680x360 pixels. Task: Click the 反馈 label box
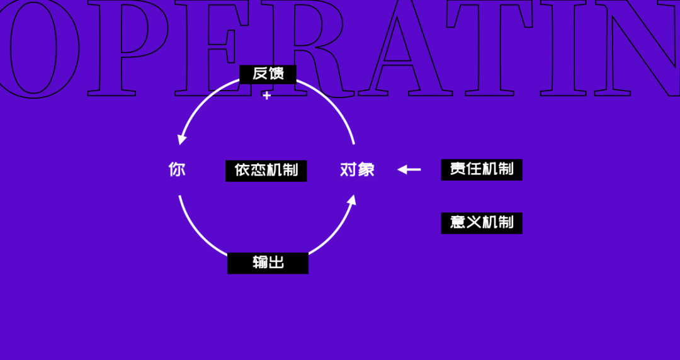point(268,74)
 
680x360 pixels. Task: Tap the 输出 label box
point(268,262)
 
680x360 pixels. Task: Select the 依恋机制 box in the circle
point(266,170)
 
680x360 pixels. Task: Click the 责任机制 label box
point(481,169)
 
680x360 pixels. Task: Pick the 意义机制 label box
point(481,222)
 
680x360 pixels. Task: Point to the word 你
point(177,169)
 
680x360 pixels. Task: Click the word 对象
point(357,169)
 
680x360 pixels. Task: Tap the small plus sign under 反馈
point(266,96)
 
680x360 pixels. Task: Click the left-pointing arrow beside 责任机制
point(409,169)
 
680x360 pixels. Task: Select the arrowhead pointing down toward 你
point(182,138)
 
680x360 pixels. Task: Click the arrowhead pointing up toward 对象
point(351,201)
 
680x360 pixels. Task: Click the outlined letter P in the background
point(126,47)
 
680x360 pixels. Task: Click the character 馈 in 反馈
point(276,74)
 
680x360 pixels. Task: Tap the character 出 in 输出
point(276,262)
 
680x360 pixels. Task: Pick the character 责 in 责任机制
point(458,169)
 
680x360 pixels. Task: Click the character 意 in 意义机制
point(458,222)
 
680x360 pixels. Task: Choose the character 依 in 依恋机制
point(242,170)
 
